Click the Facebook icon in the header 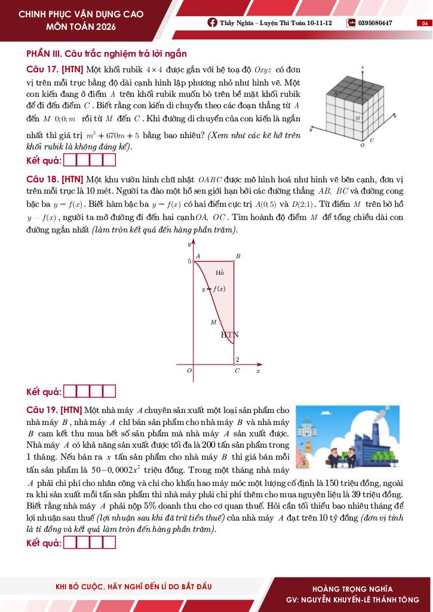212,23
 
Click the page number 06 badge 425,23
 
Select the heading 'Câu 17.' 42,69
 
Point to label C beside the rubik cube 371,140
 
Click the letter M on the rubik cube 358,118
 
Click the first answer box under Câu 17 69,160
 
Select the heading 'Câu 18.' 42,179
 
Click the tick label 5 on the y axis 189,261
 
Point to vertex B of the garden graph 238,256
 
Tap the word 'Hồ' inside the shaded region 220,273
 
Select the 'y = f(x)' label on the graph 213,289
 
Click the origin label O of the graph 189,371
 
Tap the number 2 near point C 237,359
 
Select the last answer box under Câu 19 109,543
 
